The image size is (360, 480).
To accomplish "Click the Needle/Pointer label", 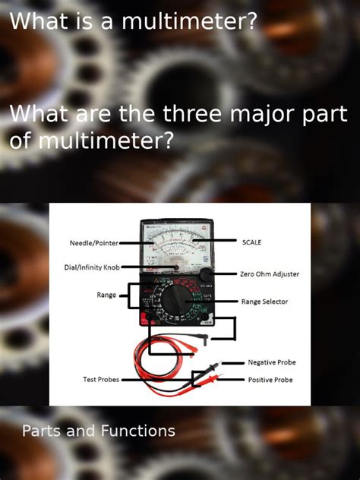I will pos(93,243).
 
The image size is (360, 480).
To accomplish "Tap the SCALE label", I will pos(251,242).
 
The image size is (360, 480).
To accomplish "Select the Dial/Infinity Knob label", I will pos(92,267).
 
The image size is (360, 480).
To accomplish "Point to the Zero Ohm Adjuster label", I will pos(270,274).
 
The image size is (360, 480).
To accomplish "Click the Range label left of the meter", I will pos(106,294).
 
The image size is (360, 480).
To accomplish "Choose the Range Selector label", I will pos(264,302).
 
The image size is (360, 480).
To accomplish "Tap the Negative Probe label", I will pos(271,362).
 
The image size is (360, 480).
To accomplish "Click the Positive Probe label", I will pos(270,380).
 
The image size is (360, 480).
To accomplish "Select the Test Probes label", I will pos(101,379).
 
